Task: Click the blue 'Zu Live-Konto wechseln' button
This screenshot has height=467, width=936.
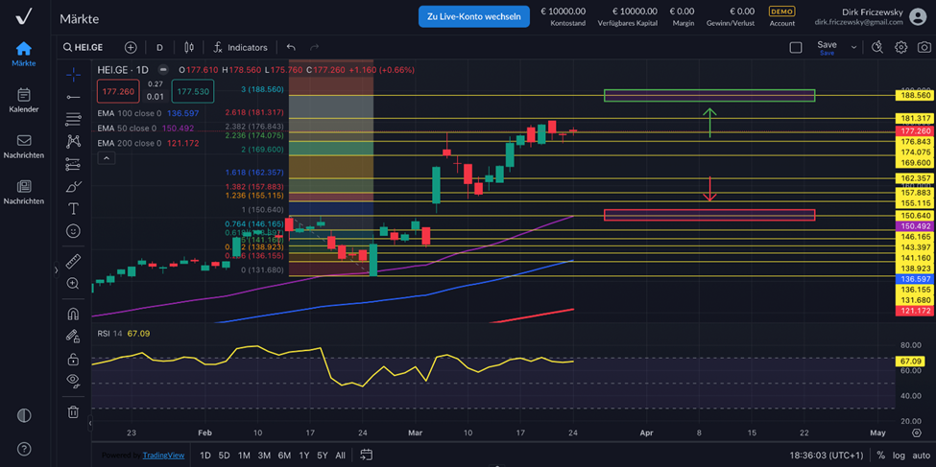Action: click(x=473, y=16)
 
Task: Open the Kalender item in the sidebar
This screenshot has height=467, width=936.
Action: click(x=24, y=100)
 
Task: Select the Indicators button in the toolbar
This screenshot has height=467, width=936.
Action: click(x=240, y=47)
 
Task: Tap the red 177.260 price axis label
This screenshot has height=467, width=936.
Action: click(x=915, y=130)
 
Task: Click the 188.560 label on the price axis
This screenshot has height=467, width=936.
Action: click(x=915, y=96)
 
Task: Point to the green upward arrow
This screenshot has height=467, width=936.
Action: click(x=709, y=122)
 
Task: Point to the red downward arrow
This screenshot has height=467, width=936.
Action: click(x=709, y=189)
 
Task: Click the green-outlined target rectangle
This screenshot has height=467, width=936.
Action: click(x=708, y=96)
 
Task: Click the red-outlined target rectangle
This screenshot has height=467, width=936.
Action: click(x=708, y=215)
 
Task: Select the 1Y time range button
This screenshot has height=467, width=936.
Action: click(x=304, y=455)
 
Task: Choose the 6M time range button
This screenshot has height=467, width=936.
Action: click(x=284, y=455)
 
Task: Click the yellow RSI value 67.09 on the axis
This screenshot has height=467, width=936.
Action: click(x=910, y=362)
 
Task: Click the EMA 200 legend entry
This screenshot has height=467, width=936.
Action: click(x=148, y=143)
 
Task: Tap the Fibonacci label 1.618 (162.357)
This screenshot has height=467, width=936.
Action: click(x=255, y=173)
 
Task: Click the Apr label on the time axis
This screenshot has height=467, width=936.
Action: click(x=646, y=432)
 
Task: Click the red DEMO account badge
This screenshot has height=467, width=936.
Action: click(x=781, y=12)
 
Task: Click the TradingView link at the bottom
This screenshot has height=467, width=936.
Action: click(x=163, y=455)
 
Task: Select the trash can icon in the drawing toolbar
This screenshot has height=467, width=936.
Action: click(x=73, y=411)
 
